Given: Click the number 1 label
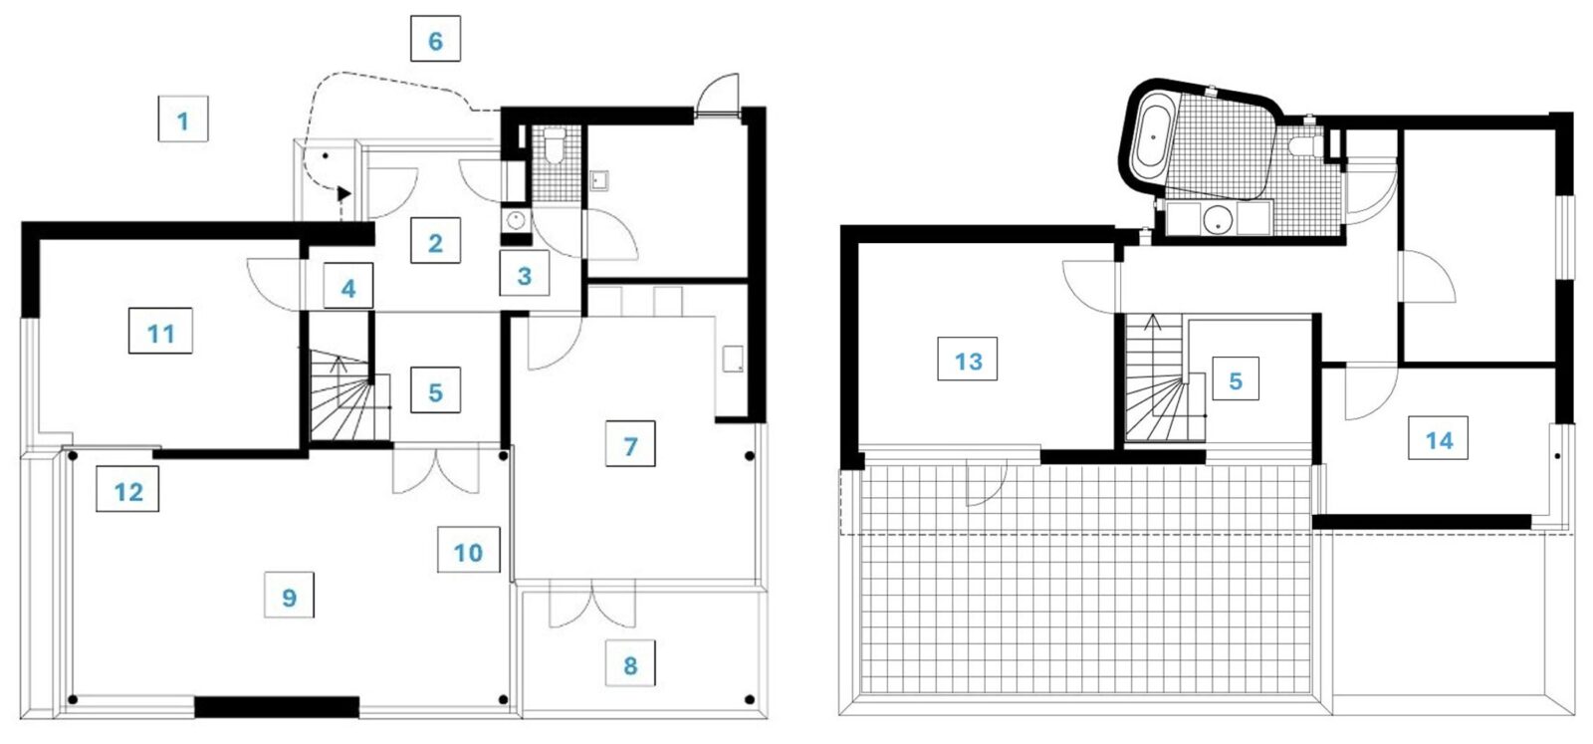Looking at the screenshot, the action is tap(183, 119).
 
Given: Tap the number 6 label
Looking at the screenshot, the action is tap(435, 39).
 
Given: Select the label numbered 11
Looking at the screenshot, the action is tap(160, 331).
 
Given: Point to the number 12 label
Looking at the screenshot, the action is tap(127, 489).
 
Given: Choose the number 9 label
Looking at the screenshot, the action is tap(289, 595).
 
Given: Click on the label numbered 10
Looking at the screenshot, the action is tap(468, 550).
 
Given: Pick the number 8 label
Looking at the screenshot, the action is tap(630, 663).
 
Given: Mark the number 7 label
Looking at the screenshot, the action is tap(630, 444).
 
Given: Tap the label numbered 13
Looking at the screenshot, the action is tap(967, 360).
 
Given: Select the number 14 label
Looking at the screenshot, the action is tap(1439, 438).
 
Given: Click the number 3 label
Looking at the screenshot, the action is tap(524, 273).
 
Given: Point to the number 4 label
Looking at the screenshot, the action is tap(348, 286).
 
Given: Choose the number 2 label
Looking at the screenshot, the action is tap(435, 241).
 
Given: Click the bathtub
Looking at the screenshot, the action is tap(1152, 137).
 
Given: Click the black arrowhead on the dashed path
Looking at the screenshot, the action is tap(344, 193).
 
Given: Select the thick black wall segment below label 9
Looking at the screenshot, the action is tap(277, 706).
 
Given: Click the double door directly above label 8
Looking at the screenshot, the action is tap(591, 605).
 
